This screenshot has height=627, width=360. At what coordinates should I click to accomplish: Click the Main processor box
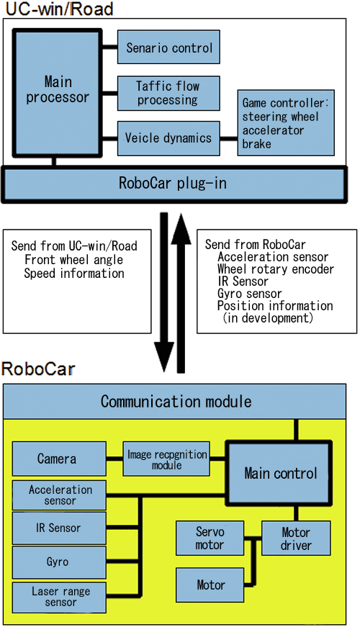click(x=58, y=92)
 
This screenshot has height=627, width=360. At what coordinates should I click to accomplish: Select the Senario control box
click(x=168, y=47)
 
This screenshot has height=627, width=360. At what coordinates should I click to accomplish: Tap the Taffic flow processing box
click(x=168, y=94)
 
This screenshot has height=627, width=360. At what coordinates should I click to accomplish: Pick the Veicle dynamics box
click(x=168, y=139)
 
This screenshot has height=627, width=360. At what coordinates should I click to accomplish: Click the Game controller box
click(x=286, y=123)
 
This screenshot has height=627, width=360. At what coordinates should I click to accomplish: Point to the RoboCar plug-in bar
click(x=174, y=184)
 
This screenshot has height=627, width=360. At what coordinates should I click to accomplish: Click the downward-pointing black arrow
click(x=164, y=292)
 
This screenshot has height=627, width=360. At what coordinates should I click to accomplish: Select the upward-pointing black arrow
click(x=181, y=293)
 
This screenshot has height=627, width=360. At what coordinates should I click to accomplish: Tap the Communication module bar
click(x=175, y=402)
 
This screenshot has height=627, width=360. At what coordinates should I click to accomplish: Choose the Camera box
click(x=59, y=459)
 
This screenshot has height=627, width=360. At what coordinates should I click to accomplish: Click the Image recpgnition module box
click(x=166, y=459)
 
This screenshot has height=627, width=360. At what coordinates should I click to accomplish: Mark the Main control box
click(x=279, y=474)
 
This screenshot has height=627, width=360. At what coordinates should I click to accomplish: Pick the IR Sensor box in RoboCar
click(x=59, y=528)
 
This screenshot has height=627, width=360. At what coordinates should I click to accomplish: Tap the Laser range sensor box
click(x=59, y=597)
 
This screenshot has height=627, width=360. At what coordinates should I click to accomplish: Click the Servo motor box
click(x=210, y=538)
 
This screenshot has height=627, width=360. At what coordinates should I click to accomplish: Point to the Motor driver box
click(x=296, y=538)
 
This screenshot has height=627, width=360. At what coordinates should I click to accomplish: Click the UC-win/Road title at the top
click(x=59, y=9)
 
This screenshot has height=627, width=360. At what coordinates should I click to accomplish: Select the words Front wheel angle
click(x=73, y=260)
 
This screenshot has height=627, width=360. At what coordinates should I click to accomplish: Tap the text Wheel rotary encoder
click(x=276, y=269)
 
